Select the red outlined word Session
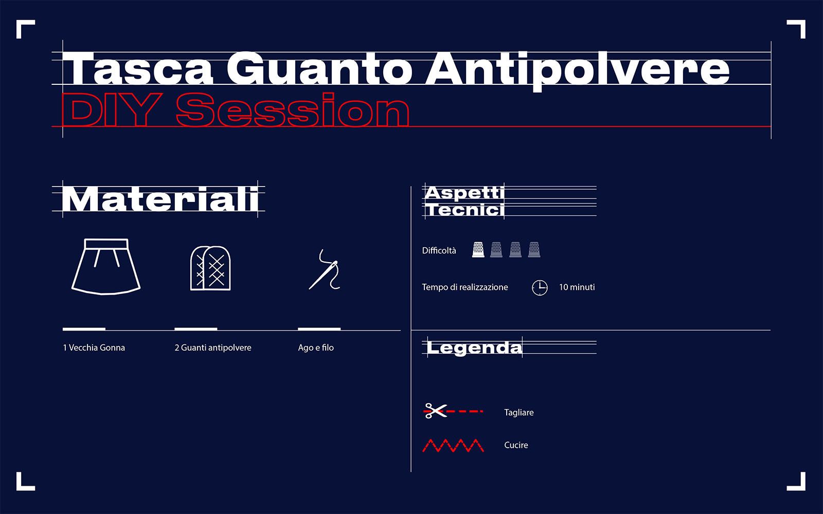[x=293, y=110]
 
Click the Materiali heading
[x=160, y=199]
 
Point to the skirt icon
[x=106, y=267]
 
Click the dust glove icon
[x=210, y=268]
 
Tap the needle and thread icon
[x=325, y=270]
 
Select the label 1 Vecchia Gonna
[x=94, y=347]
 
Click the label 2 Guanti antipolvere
[x=213, y=347]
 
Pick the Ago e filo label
[x=316, y=347]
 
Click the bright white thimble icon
[x=478, y=250]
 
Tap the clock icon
[x=540, y=288]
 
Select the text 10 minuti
[x=577, y=287]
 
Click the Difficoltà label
[x=439, y=251]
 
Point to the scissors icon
[x=435, y=411]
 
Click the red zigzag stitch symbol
[x=453, y=445]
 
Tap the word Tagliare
[x=519, y=413]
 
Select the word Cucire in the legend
[x=516, y=445]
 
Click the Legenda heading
[x=474, y=347]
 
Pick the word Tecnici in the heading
[x=464, y=210]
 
